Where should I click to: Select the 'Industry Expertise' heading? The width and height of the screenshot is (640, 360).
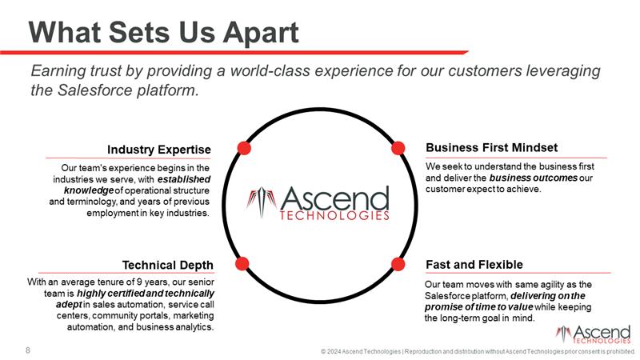tap(159, 149)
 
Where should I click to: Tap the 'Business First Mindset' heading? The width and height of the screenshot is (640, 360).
tap(492, 147)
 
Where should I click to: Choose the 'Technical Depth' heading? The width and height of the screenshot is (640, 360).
tap(168, 265)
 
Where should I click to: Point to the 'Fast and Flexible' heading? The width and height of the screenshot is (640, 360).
tap(474, 264)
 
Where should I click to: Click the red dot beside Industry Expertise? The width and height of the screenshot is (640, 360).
tap(245, 148)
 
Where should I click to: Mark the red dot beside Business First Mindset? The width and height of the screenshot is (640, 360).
tap(396, 148)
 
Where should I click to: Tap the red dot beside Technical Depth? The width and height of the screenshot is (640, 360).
tap(244, 262)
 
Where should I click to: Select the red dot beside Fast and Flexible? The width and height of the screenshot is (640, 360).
tap(396, 262)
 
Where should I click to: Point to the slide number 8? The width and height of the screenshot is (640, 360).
tap(29, 350)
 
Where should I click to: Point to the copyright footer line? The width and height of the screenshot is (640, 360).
tap(478, 350)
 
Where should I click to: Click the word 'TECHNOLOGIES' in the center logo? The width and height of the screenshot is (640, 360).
tap(334, 215)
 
